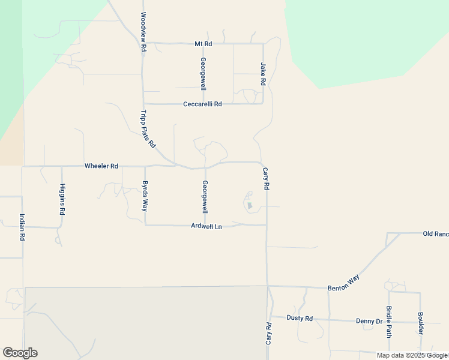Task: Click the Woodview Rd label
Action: click(143, 31)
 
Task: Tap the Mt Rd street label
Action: click(203, 44)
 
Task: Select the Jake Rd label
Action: click(263, 73)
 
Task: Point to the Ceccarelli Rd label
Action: click(202, 104)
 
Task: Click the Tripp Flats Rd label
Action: click(148, 129)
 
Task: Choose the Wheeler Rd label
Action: click(101, 166)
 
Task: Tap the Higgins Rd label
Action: click(62, 199)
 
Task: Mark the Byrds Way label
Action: click(144, 196)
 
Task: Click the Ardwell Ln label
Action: click(206, 226)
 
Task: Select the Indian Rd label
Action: click(22, 227)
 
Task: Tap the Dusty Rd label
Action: click(300, 318)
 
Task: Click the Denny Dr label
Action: click(369, 321)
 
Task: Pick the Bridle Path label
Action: click(389, 322)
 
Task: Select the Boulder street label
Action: click(421, 323)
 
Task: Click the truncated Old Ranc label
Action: click(435, 233)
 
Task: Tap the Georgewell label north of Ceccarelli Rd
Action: click(203, 74)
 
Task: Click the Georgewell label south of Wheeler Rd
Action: click(205, 197)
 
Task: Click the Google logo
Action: click(20, 353)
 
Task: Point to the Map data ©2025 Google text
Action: click(412, 355)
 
